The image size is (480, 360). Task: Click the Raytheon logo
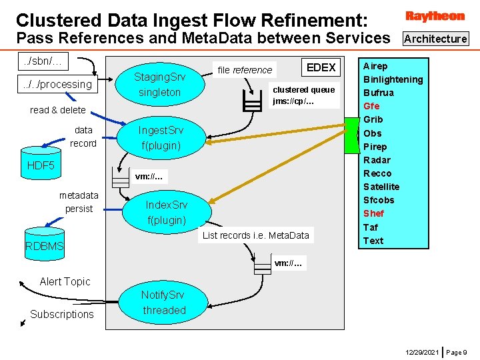point(435,16)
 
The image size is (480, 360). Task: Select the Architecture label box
point(435,39)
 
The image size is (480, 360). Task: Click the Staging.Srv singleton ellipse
point(159,85)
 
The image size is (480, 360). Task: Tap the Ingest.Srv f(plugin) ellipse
point(160,137)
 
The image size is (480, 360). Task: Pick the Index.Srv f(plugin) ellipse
point(166,212)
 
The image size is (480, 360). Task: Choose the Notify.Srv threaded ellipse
point(163,303)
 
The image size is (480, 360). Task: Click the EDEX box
point(321,67)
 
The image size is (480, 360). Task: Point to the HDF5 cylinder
point(41,165)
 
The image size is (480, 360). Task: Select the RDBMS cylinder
point(45,247)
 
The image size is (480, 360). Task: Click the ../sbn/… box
point(43,61)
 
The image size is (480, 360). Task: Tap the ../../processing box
point(57,84)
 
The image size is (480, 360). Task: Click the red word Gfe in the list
point(371,106)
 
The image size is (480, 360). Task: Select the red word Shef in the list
point(373,213)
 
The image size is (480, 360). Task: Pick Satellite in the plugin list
point(381,187)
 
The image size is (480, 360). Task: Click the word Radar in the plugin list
point(377,160)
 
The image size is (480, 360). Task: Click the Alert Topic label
point(65,281)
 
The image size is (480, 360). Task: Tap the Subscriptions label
point(62,314)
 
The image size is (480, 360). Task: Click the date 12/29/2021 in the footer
point(421,351)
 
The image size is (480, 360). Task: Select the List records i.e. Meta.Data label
point(256,235)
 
